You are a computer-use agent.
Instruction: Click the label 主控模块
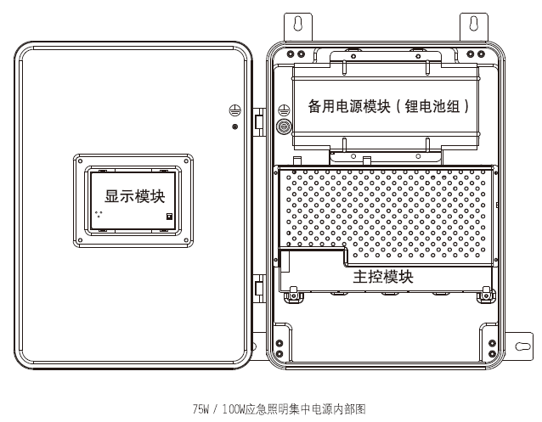coord(382,277)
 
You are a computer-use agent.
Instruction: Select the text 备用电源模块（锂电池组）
coord(388,107)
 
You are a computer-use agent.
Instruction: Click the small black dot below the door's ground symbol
coord(234,127)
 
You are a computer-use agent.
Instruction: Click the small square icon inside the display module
coord(169,217)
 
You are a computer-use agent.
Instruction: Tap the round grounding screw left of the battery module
coord(285,127)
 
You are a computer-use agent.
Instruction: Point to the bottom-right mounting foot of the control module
coord(485,294)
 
